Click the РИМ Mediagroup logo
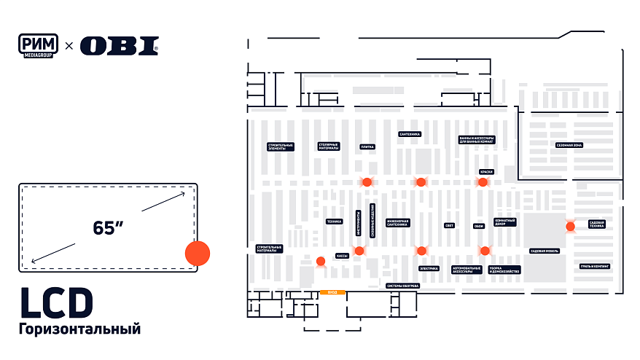click(x=39, y=45)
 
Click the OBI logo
click(x=119, y=46)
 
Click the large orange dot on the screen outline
click(x=197, y=253)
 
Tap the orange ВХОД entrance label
click(x=332, y=292)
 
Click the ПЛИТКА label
click(x=367, y=146)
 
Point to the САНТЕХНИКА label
click(x=410, y=134)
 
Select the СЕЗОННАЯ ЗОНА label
click(x=569, y=145)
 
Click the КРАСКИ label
click(x=486, y=172)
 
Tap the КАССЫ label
click(x=342, y=256)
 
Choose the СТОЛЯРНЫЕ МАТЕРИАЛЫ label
click(x=328, y=146)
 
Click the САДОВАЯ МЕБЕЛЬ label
click(x=544, y=251)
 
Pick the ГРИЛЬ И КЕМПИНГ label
click(x=595, y=266)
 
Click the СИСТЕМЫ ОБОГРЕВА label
click(x=402, y=286)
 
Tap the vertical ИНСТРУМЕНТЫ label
click(x=358, y=223)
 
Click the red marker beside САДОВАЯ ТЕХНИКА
click(x=570, y=227)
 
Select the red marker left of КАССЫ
click(x=321, y=261)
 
